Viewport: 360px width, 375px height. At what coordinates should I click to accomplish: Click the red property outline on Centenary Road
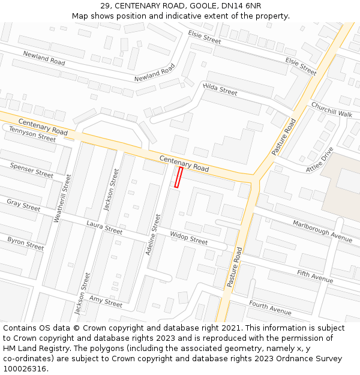[x=178, y=178]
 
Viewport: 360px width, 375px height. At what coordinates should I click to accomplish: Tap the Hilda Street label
[x=220, y=90]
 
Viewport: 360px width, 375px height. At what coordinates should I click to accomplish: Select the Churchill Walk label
[x=331, y=110]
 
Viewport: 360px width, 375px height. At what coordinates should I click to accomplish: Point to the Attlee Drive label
[x=319, y=160]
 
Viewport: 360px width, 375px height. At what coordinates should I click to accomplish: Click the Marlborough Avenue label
[x=322, y=231]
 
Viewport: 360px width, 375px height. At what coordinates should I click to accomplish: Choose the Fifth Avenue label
[x=315, y=276]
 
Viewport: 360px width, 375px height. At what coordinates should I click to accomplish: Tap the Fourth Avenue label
[x=270, y=308]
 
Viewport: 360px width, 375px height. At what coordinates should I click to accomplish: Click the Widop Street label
[x=188, y=238]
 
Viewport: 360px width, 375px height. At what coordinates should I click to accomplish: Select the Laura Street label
[x=104, y=227]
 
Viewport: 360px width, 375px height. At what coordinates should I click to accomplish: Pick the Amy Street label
[x=106, y=301]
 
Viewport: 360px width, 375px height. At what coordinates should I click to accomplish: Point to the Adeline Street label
[x=153, y=235]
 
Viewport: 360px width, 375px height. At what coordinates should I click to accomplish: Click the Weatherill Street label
[x=62, y=198]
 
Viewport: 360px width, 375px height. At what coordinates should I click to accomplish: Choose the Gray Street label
[x=23, y=205]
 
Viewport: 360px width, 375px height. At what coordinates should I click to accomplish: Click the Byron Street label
[x=26, y=243]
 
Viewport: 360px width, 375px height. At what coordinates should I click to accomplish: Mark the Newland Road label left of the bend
[x=44, y=58]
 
